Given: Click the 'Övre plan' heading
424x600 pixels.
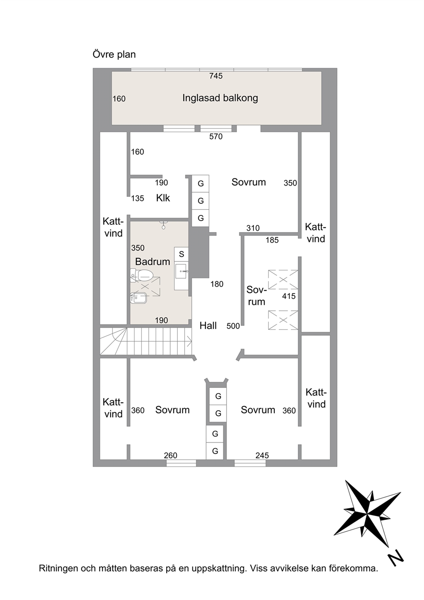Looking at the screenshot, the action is coord(114,54).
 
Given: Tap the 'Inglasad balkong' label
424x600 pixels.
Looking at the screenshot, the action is coord(220,98).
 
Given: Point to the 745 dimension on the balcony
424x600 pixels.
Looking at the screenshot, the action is coord(216,76).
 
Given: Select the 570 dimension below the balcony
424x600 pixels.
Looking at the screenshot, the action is coord(216,136).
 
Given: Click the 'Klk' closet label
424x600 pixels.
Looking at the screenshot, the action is coord(163,198).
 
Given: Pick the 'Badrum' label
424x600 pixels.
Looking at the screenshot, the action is coord(152,261).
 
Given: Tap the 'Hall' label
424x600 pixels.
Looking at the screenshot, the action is coord(208,326).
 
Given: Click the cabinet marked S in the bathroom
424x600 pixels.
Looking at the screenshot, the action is coord(181,254).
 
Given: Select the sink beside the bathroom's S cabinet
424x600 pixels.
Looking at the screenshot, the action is coord(182,271).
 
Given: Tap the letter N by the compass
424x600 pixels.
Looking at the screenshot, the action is coord(396,559).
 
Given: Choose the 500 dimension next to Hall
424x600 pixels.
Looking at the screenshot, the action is coord(233,326).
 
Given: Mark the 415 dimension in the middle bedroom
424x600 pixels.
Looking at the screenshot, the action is coord(289,296).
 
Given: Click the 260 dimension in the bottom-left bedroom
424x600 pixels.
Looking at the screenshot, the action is coord(171,455).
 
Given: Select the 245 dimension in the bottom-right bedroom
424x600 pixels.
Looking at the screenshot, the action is coord(262,455).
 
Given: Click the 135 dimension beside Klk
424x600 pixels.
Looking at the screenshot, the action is coord(138,198).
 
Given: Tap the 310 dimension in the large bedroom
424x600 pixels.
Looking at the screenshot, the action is coord(253,228).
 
